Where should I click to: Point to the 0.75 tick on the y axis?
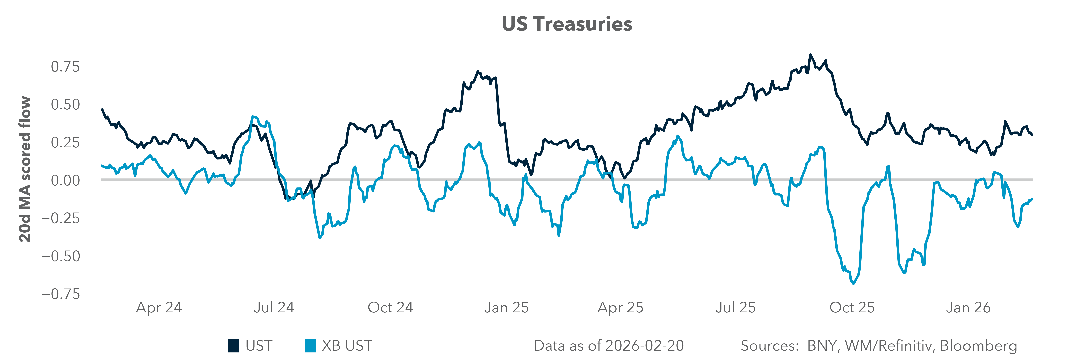(x=65, y=67)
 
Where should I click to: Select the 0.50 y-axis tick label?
(x=65, y=104)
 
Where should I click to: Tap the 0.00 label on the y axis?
(x=65, y=181)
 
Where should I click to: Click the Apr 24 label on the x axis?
(x=159, y=308)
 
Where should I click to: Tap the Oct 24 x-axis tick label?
(x=390, y=308)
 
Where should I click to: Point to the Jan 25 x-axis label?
(x=506, y=308)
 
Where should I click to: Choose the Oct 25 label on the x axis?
(x=852, y=308)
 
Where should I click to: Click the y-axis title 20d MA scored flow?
(x=25, y=169)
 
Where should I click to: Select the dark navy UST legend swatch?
(x=234, y=346)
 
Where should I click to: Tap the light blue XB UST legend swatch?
(x=310, y=346)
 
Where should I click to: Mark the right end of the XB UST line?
(x=1032, y=199)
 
